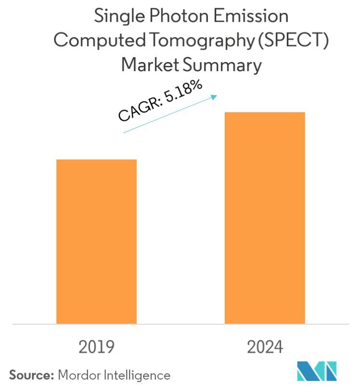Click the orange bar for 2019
(97, 241)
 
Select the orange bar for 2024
(265, 218)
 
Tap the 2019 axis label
(97, 347)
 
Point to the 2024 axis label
(265, 347)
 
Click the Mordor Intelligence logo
(316, 371)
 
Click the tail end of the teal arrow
(124, 132)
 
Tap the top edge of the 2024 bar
(265, 113)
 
